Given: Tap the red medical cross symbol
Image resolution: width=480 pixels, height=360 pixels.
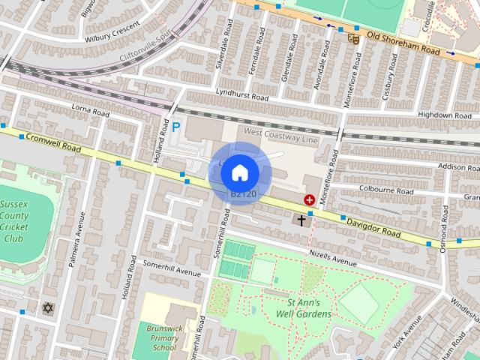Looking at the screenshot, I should (309, 199).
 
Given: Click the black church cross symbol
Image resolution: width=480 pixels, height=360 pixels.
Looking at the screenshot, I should (302, 220).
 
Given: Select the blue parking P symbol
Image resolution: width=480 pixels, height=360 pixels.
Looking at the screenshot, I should (176, 128).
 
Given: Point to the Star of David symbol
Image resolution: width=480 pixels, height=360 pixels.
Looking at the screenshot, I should (49, 308).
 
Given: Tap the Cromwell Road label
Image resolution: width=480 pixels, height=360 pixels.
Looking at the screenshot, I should (53, 142).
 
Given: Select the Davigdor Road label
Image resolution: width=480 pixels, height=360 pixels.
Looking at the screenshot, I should (374, 226).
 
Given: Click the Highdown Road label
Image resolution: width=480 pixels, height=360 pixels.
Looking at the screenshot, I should (445, 115).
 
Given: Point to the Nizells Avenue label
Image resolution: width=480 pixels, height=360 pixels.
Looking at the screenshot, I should (332, 258).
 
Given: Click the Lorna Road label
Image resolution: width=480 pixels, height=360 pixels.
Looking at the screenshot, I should (90, 111).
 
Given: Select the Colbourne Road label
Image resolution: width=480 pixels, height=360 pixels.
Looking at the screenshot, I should (386, 190).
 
